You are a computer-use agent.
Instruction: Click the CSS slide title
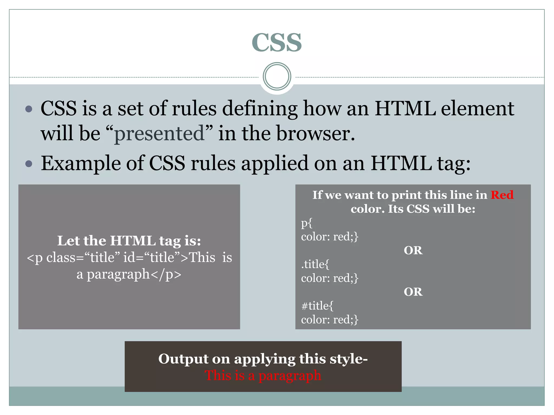click(276, 43)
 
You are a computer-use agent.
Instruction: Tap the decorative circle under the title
click(277, 76)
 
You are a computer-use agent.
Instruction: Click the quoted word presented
click(159, 133)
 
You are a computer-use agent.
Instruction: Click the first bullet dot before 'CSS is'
click(29, 109)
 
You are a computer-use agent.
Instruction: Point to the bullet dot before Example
click(29, 164)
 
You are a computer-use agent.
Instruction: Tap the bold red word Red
click(502, 195)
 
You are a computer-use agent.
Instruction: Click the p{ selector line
click(307, 223)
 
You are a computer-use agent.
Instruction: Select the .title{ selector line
click(315, 264)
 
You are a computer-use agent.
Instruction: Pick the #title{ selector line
click(317, 306)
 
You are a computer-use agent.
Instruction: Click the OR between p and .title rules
click(413, 250)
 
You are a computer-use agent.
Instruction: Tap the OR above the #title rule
click(413, 292)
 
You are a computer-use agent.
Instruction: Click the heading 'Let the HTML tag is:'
click(129, 241)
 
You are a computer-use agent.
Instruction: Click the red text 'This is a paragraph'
click(263, 376)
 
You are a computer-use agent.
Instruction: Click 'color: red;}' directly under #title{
click(329, 320)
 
